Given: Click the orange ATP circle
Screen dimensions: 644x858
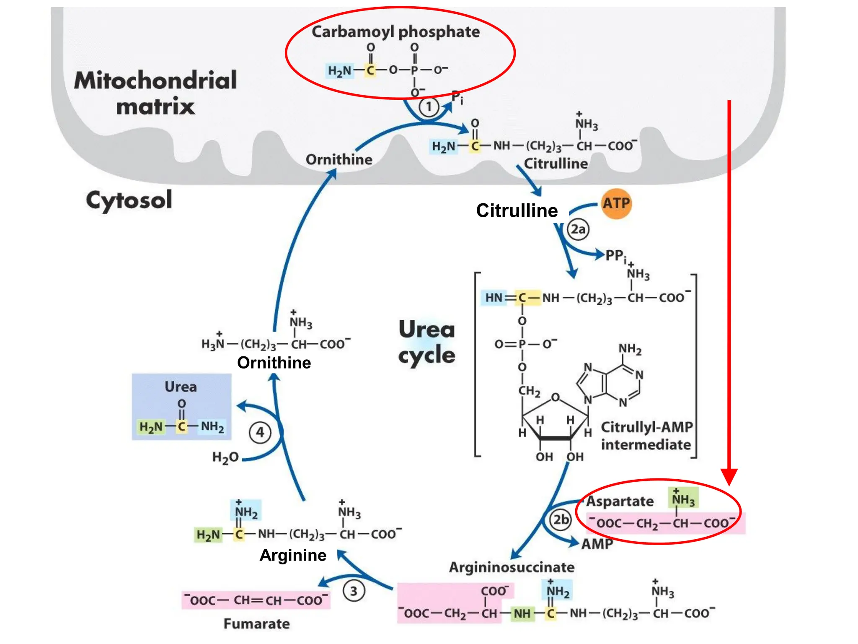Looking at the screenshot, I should coord(616,204).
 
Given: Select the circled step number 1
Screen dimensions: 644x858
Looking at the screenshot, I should coord(428,107).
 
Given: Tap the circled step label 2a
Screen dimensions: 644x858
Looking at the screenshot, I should coord(578,229).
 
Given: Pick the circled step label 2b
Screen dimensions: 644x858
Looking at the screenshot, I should coord(561,520).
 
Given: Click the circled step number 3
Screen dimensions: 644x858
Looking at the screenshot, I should coord(354,591).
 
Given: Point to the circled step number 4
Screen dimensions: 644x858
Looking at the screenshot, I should coord(260,432).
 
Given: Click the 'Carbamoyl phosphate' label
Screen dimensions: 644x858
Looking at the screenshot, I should coord(395,32).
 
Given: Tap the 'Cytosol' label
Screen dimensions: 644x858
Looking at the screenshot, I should coord(129,200).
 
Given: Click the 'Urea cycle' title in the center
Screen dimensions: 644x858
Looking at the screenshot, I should coord(426,342).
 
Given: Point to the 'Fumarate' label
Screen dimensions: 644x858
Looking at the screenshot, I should coord(256,624).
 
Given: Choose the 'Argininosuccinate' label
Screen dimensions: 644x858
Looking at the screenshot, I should coord(512,567).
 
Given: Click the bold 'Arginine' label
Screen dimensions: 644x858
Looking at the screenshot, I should coord(293,555).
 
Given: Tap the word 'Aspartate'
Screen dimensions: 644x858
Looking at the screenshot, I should coord(620,501).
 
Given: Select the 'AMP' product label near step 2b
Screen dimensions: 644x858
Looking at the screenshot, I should coord(597,544).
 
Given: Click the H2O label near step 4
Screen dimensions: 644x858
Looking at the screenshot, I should coord(225,457).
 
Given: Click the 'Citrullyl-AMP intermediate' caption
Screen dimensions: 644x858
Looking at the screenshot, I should coord(646,436).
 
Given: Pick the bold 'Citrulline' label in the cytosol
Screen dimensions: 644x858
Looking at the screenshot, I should coord(517,210).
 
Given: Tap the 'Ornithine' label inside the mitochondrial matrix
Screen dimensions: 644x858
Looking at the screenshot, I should coord(339,160).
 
